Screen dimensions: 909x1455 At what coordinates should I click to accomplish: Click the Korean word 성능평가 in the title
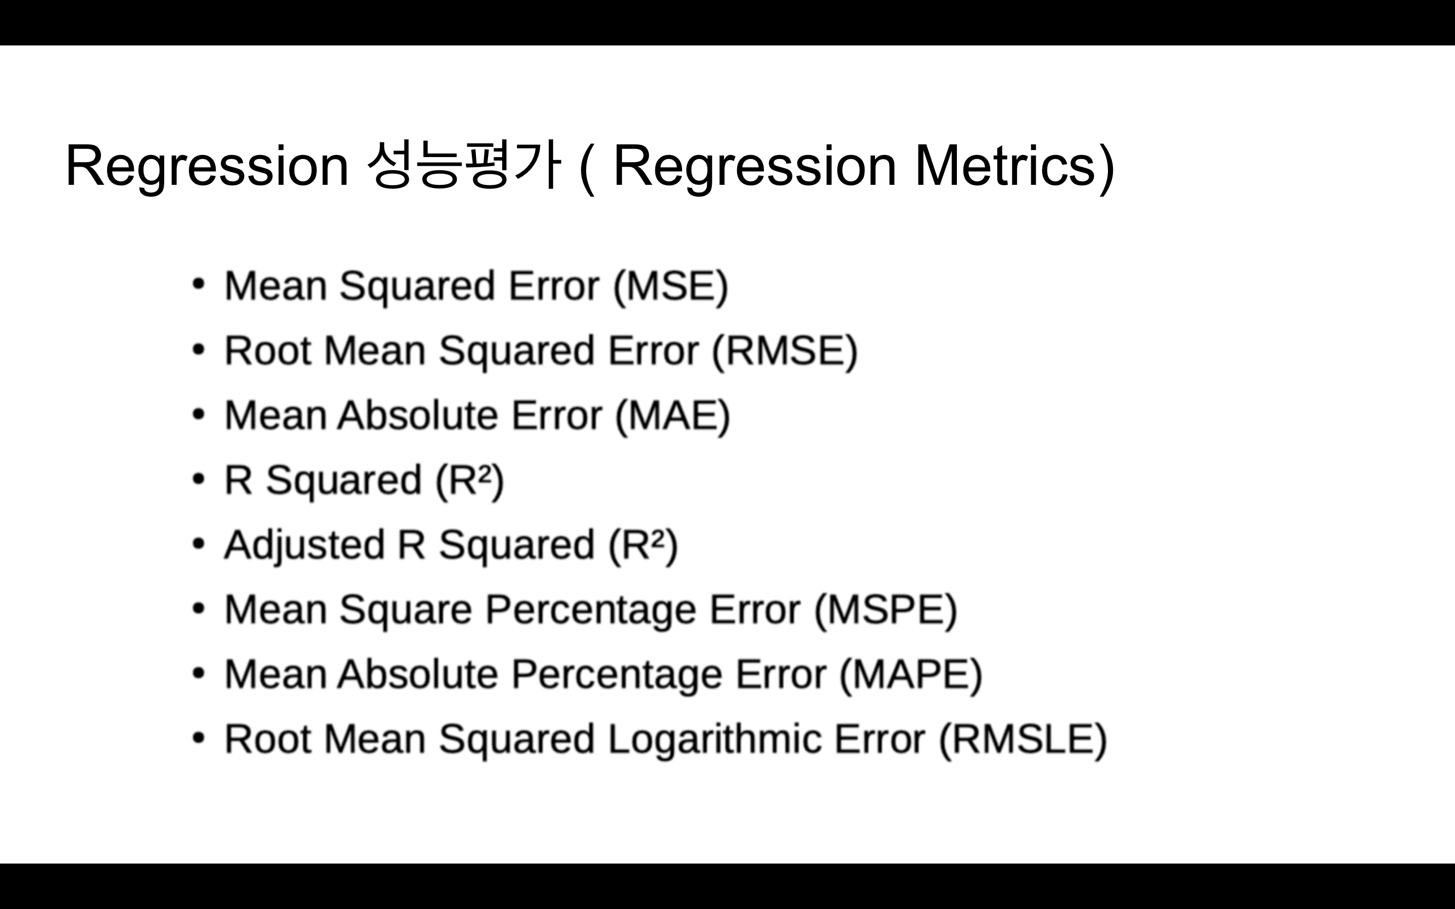[464, 165]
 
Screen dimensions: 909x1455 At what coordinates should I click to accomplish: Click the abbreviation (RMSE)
[785, 350]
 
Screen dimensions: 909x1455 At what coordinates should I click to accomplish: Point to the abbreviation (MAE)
[673, 416]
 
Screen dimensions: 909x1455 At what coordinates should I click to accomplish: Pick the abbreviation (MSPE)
[886, 610]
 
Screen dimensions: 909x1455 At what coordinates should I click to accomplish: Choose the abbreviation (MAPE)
[911, 675]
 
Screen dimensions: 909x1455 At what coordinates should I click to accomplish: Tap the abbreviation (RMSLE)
[1023, 739]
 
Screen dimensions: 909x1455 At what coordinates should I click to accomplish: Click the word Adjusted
[304, 546]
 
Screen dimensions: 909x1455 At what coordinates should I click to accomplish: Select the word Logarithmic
[715, 739]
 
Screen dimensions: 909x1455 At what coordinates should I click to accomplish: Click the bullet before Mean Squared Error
[199, 284]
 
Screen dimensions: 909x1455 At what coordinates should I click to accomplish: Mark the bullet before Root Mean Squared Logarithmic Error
[199, 738]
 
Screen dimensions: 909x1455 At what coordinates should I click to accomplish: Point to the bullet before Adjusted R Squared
[199, 543]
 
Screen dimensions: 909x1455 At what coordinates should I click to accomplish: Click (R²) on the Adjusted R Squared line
[643, 546]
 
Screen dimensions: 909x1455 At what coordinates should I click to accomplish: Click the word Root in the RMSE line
[268, 350]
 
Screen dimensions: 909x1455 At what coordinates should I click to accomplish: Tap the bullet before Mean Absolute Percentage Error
[199, 673]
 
